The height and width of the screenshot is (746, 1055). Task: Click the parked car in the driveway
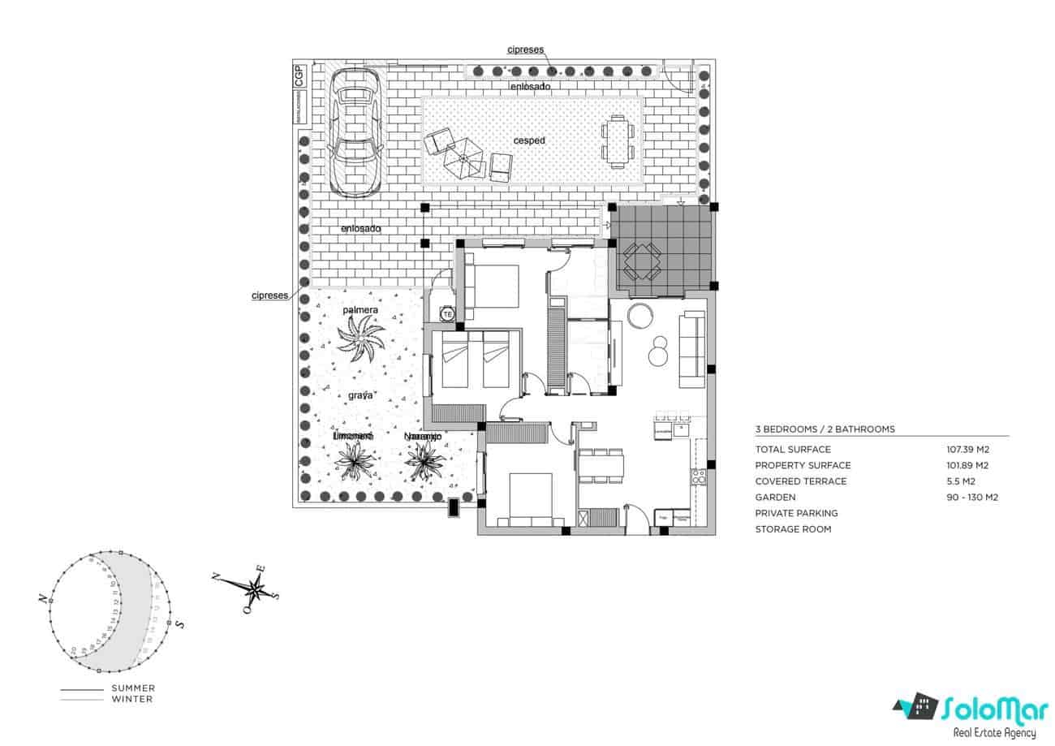(x=355, y=132)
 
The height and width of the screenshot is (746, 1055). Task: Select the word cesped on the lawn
(x=529, y=140)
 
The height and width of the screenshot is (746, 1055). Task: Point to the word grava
(x=360, y=395)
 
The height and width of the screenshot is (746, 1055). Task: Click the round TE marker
(x=446, y=313)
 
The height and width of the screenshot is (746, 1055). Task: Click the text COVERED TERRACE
(x=800, y=481)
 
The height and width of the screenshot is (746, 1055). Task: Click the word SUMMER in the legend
(x=133, y=688)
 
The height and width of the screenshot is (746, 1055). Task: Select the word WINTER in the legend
(x=132, y=699)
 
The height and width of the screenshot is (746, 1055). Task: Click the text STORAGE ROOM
(x=792, y=529)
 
